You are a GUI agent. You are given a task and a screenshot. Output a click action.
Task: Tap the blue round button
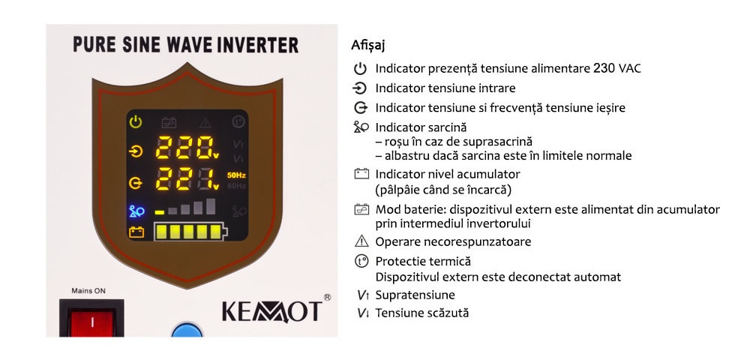pos(187,330)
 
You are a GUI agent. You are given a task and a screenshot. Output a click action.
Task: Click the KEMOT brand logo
pos(272,312)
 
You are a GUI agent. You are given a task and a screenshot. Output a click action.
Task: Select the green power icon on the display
pos(136,122)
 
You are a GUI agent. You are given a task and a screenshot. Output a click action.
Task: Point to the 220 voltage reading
pos(184,147)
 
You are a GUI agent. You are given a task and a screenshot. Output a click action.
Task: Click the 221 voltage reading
pos(184,178)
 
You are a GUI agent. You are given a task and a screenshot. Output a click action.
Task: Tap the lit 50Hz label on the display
pos(236,175)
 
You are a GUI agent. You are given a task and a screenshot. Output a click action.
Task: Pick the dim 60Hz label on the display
pos(237,186)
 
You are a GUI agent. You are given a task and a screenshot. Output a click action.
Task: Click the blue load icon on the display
pos(136,211)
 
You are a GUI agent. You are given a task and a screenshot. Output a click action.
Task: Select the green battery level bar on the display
pos(190,232)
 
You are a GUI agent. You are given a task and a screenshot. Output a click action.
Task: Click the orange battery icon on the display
pos(136,232)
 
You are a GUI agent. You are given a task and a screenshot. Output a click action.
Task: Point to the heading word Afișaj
pos(367,46)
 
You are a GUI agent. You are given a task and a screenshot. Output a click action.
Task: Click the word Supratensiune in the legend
pos(415,295)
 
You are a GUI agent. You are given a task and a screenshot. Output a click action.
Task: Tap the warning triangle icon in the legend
pos(361,241)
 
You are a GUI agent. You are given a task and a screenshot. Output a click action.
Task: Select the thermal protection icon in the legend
pos(361,262)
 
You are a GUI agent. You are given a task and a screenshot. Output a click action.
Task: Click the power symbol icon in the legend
pos(360,69)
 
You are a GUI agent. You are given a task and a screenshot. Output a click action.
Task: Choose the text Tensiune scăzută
pos(421,313)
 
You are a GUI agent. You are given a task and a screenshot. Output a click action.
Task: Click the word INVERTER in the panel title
pos(258,45)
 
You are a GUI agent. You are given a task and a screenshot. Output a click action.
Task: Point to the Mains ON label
pos(88,291)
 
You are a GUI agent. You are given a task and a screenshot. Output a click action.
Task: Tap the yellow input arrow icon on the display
pos(136,151)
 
